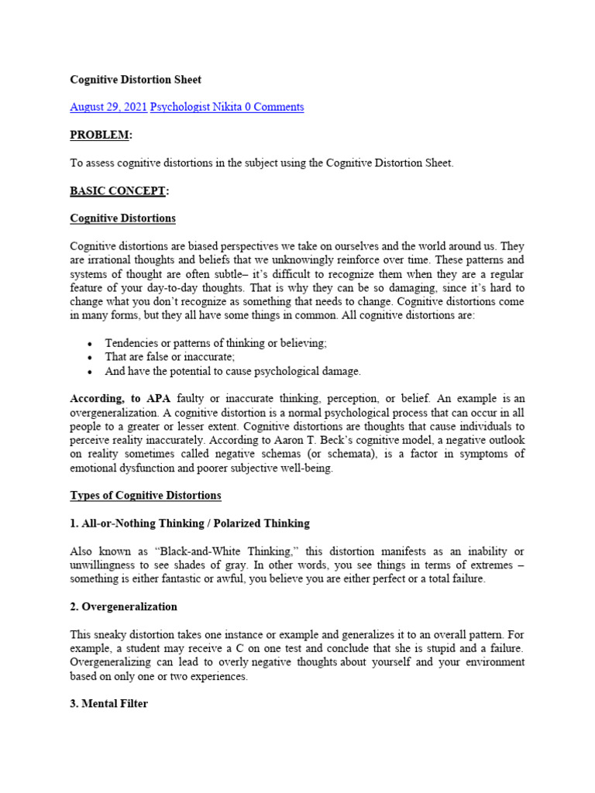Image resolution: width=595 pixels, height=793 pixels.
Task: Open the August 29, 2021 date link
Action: pos(108,107)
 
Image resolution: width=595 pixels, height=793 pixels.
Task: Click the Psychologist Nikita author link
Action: pos(195,107)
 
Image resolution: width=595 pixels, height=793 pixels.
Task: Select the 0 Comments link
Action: pos(274,107)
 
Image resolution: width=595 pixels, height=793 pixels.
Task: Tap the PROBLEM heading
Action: pos(101,135)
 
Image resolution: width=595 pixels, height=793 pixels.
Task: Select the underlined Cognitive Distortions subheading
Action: pos(122,218)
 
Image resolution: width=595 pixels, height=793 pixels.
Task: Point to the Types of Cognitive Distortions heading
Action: pos(146,496)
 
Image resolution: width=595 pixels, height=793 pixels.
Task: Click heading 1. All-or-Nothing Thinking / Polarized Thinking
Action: pos(190,524)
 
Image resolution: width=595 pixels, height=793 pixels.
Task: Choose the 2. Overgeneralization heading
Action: pos(124,606)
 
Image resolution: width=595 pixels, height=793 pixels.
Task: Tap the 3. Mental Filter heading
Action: pos(108,704)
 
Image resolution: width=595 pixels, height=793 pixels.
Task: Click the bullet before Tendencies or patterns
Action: pos(91,344)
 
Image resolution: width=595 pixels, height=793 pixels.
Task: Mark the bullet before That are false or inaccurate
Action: pos(91,358)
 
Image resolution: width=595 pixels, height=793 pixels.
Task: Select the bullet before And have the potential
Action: pos(91,372)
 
